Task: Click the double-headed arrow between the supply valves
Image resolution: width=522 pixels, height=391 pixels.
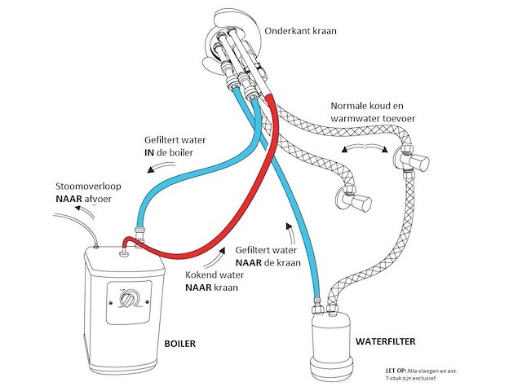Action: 365,147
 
